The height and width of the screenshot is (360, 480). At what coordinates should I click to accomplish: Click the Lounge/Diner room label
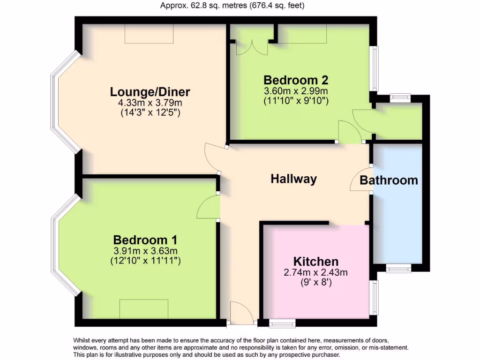click(x=150, y=91)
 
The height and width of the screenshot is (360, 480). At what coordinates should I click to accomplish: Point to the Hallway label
click(x=294, y=179)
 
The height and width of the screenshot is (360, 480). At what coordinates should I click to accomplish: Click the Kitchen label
click(x=316, y=262)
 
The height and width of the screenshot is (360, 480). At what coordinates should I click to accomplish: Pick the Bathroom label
click(x=389, y=180)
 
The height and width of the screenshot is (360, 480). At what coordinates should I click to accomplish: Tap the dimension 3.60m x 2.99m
click(x=295, y=90)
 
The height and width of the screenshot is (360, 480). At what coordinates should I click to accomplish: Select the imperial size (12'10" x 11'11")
click(x=145, y=260)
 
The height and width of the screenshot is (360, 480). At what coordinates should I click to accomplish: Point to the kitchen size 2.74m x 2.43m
click(x=316, y=272)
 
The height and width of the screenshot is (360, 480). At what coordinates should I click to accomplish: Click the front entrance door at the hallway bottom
click(x=241, y=313)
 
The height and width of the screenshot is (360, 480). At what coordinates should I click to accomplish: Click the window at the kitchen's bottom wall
click(x=282, y=322)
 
